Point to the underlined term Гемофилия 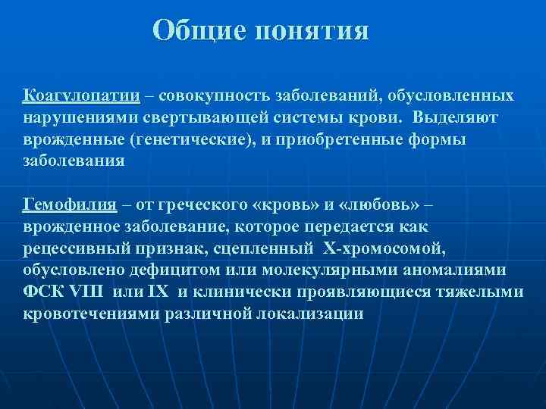[x=70, y=205]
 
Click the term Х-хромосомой [x=374, y=249]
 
